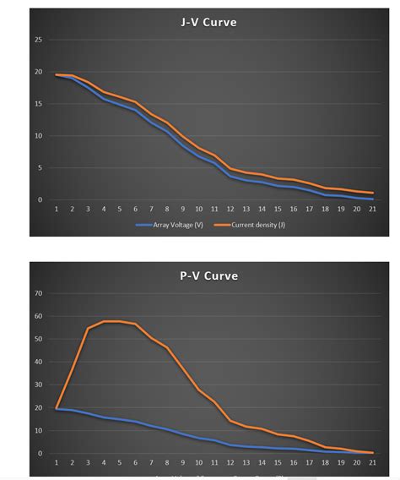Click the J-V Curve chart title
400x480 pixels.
(x=208, y=22)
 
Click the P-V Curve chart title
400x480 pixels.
(x=208, y=275)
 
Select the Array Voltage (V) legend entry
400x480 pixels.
(x=169, y=225)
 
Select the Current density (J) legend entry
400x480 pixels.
(x=249, y=225)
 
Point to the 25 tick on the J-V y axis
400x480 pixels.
(x=39, y=40)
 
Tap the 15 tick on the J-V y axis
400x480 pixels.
(x=39, y=104)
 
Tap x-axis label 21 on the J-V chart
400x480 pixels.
(x=372, y=209)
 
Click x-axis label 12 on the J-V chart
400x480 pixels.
(x=230, y=209)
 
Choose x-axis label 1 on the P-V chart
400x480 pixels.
(x=57, y=463)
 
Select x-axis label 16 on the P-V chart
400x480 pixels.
(x=294, y=463)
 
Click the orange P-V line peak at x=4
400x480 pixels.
(x=104, y=322)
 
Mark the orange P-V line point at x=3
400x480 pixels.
(x=88, y=329)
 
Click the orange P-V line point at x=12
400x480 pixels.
(x=230, y=421)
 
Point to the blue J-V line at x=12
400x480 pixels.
(x=230, y=176)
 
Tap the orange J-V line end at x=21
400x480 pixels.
(x=372, y=193)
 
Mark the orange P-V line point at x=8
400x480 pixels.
(x=167, y=347)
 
